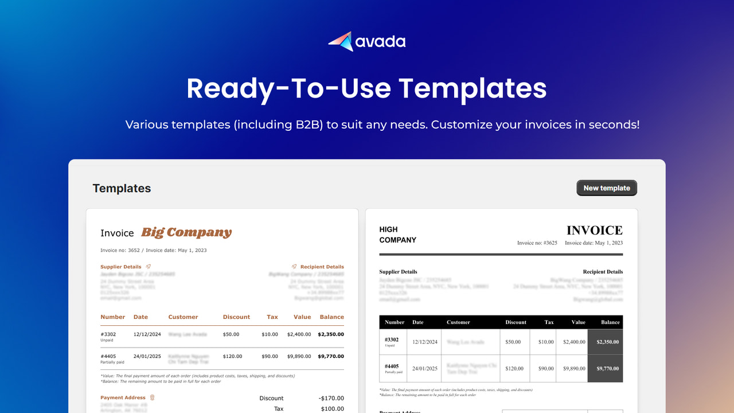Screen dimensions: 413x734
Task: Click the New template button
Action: [x=607, y=188]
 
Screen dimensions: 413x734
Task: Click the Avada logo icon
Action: [x=341, y=41]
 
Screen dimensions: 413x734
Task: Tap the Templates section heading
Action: [x=122, y=188]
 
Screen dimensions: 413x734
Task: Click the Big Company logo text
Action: [x=186, y=232]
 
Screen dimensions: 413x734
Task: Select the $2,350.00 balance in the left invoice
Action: [x=331, y=334]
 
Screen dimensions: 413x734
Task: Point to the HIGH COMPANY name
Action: [x=397, y=235]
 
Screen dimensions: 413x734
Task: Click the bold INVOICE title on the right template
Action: [x=594, y=231]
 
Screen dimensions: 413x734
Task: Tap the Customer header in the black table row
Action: [x=458, y=322]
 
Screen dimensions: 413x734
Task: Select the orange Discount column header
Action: [x=236, y=317]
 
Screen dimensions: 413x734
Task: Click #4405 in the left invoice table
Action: [x=108, y=356]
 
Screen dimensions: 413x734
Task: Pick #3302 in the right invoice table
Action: [x=392, y=340]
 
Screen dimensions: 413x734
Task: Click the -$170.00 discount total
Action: [x=331, y=398]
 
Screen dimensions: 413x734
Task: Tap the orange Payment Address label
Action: [x=123, y=398]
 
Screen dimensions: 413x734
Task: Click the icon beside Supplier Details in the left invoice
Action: [x=149, y=267]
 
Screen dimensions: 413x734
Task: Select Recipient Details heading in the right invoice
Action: [x=603, y=272]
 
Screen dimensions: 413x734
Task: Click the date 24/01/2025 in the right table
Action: [x=425, y=369]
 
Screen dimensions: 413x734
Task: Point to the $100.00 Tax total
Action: [x=333, y=409]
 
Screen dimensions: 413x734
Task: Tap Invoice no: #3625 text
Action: [x=537, y=243]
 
